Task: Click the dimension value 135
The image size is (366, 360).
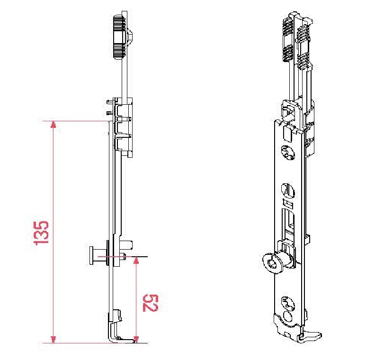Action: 41,233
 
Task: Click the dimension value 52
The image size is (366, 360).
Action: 151,303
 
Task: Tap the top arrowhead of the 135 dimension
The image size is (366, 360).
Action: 54,125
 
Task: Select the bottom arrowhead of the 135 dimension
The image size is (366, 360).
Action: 54,340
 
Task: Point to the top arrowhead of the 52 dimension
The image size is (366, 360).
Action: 136,261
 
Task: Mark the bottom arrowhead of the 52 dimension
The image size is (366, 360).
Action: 136,340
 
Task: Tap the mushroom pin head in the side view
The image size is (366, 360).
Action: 91,256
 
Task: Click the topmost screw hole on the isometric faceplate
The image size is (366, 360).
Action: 288,153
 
